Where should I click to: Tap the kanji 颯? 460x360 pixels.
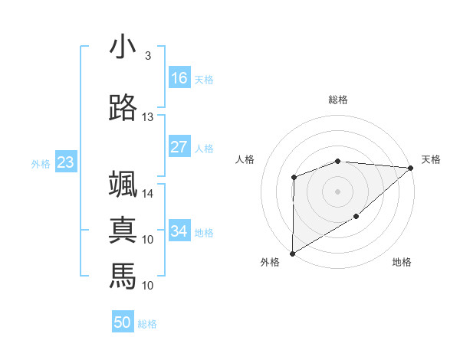pyautogui.click(x=123, y=185)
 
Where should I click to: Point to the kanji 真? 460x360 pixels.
pyautogui.click(x=123, y=231)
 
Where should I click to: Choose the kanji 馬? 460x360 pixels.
pyautogui.click(x=123, y=276)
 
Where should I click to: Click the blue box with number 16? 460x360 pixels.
pyautogui.click(x=179, y=78)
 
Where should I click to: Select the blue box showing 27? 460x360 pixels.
pyautogui.click(x=179, y=147)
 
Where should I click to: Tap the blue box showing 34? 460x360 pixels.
pyautogui.click(x=179, y=231)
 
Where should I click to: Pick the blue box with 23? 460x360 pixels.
pyautogui.click(x=65, y=162)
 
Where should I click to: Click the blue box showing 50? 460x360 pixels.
pyautogui.click(x=123, y=322)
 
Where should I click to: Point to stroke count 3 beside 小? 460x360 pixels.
pyautogui.click(x=148, y=56)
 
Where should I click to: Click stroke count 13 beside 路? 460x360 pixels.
pyautogui.click(x=148, y=117)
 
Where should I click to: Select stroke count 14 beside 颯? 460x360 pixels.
pyautogui.click(x=148, y=194)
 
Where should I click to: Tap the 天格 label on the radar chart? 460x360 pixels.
pyautogui.click(x=431, y=159)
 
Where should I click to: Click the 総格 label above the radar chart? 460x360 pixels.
pyautogui.click(x=337, y=100)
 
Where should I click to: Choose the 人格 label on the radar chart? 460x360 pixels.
pyautogui.click(x=245, y=159)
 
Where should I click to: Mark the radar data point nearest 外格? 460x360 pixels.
pyautogui.click(x=292, y=253)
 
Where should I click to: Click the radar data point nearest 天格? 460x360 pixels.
pyautogui.click(x=411, y=168)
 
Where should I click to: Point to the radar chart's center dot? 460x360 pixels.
pyautogui.click(x=337, y=191)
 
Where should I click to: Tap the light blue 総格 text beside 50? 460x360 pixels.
pyautogui.click(x=148, y=324)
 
